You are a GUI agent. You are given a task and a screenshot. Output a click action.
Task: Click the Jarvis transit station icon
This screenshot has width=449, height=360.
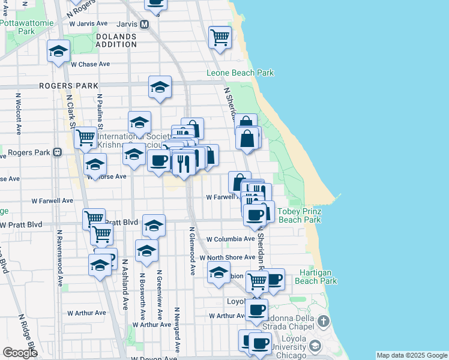pyautogui.click(x=144, y=25)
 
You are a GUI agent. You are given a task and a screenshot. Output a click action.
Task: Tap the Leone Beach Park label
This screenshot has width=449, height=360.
pyautogui.click(x=240, y=73)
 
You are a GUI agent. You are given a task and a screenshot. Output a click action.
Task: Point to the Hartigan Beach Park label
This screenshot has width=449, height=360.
pyautogui.click(x=318, y=276)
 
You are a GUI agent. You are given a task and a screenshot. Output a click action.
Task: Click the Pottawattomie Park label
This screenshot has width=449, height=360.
pyautogui.click(x=26, y=27)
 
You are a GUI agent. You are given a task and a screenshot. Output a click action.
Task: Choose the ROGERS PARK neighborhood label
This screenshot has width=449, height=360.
pyautogui.click(x=68, y=86)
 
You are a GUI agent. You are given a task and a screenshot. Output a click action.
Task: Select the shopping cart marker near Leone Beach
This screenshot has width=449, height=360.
pyautogui.click(x=220, y=37)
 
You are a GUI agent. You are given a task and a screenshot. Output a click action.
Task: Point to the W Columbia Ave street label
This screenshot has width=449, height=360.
pyautogui.click(x=231, y=239)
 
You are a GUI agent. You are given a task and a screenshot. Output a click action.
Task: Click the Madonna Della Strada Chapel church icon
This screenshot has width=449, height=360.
pyautogui.click(x=324, y=320)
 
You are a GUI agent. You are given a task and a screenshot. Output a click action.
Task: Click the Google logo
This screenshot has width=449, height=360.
pyautogui.click(x=20, y=353)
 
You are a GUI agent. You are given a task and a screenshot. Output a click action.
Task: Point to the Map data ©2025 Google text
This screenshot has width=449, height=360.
pyautogui.click(x=412, y=355)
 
